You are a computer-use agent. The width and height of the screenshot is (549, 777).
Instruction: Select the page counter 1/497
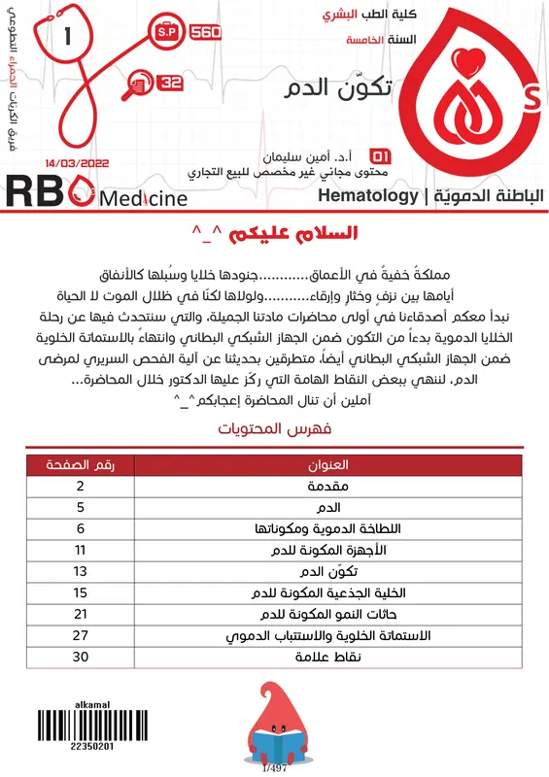[x=276, y=768]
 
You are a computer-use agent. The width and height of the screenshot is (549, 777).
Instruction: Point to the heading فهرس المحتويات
[x=275, y=427]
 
